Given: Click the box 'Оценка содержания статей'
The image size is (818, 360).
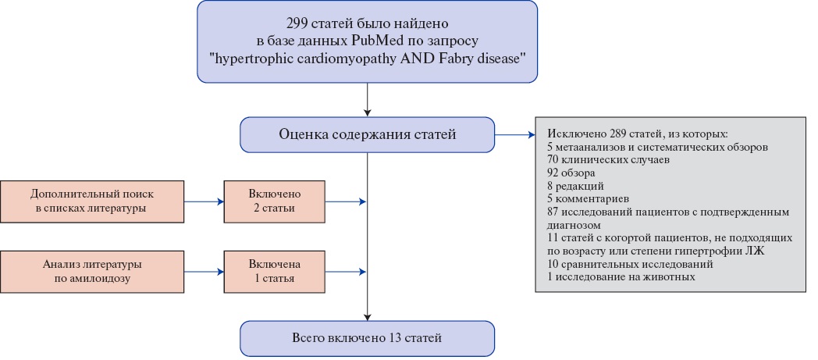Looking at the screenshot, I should click(367, 134).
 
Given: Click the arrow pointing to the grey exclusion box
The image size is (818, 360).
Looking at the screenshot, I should click(514, 134).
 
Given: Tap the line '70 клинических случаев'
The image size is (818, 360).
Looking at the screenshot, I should click(601, 159).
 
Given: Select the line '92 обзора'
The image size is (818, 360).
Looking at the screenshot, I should click(572, 172).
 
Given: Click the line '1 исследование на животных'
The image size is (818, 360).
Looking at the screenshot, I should click(621, 277).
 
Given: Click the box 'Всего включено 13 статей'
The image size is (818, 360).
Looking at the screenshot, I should click(367, 338).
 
